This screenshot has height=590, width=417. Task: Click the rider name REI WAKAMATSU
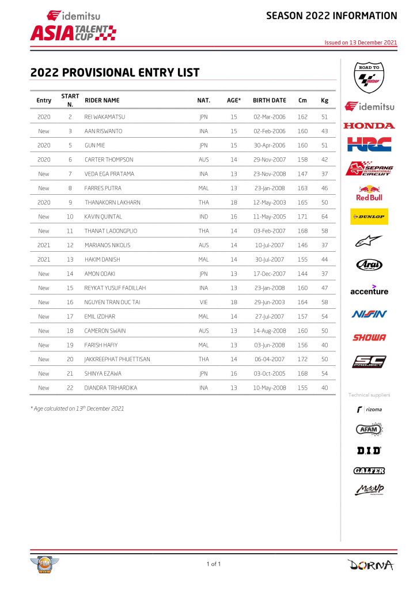click(x=105, y=117)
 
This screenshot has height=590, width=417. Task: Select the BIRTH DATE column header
click(x=269, y=100)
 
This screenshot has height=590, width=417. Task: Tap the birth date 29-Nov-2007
click(x=269, y=160)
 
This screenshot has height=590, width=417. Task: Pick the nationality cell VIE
click(x=203, y=302)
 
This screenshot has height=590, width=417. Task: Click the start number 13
click(x=70, y=259)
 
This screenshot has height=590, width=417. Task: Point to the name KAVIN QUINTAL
click(x=104, y=217)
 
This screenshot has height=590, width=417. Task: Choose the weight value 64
click(x=325, y=217)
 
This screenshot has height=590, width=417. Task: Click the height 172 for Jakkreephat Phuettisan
click(x=302, y=359)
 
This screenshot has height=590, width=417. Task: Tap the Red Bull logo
click(x=369, y=193)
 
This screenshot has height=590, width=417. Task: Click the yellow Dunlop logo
click(x=369, y=217)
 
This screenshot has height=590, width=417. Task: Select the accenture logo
click(x=369, y=290)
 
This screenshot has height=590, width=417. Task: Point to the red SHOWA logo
click(x=369, y=338)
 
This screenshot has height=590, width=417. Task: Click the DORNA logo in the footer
click(x=371, y=565)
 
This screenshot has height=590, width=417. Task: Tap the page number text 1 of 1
click(x=213, y=564)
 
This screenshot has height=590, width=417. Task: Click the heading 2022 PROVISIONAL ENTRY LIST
click(x=115, y=73)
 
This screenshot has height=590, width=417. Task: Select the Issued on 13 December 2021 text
click(x=361, y=42)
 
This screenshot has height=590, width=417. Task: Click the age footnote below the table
click(x=77, y=409)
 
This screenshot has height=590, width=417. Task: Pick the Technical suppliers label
click(x=369, y=395)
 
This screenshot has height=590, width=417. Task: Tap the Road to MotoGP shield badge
click(x=369, y=78)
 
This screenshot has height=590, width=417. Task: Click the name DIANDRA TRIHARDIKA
click(x=111, y=388)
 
